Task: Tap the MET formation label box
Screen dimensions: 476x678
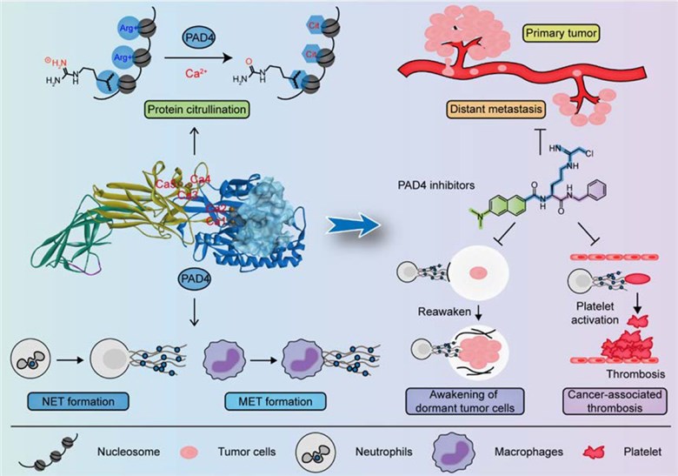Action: (x=271, y=401)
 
